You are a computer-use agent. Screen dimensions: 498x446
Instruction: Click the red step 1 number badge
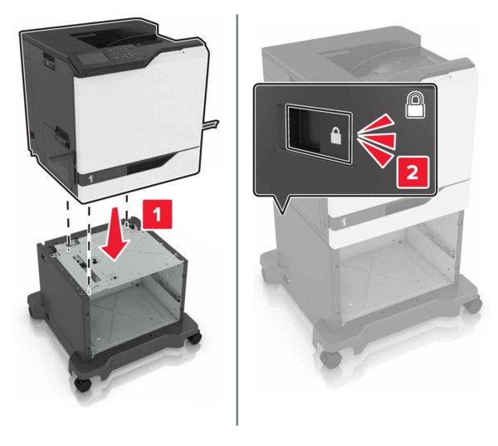[157, 214]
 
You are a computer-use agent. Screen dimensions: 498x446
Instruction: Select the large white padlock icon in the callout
[415, 105]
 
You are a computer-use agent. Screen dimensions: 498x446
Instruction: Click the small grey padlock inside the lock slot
[335, 135]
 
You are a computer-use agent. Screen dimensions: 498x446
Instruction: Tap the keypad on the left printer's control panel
[122, 52]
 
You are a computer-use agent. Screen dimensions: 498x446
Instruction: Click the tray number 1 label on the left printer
[90, 179]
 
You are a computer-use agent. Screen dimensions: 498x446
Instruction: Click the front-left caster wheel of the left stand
[82, 384]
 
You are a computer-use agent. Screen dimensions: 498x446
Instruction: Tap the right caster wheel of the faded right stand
[472, 304]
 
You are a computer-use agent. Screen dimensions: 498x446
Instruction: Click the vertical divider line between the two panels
[237, 219]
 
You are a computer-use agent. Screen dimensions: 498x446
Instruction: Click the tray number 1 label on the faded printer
[343, 222]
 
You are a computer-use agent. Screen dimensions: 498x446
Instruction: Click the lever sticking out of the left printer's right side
[211, 124]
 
